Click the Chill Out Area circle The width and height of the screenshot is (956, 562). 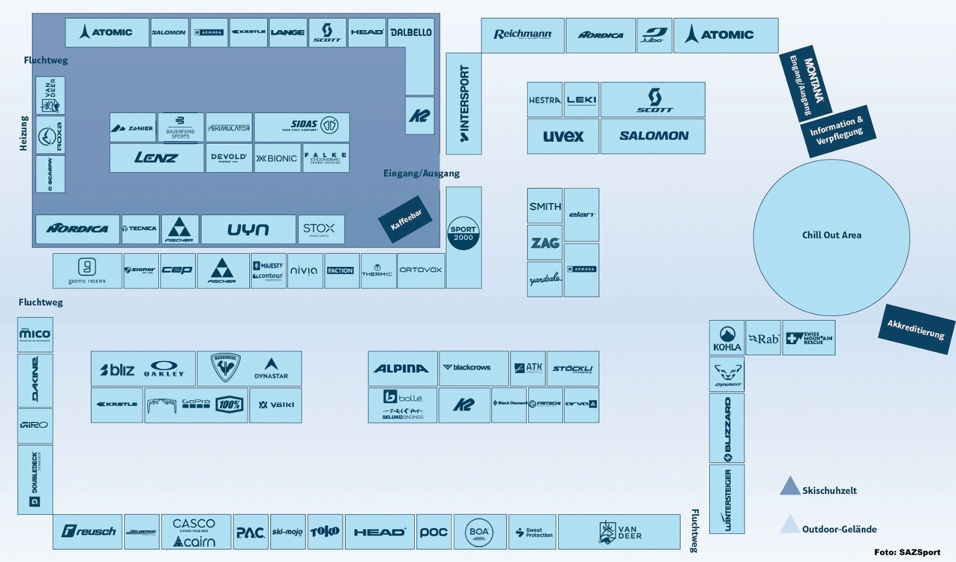click(831, 237)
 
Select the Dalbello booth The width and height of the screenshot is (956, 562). click(411, 33)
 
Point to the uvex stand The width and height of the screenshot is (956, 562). click(563, 136)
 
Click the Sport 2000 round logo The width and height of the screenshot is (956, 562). click(463, 234)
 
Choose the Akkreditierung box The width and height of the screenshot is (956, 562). click(915, 328)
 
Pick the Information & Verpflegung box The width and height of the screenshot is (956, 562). click(837, 131)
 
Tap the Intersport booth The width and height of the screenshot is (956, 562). click(464, 103)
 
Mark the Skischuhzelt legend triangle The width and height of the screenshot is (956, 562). click(790, 486)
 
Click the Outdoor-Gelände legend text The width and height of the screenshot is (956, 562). click(839, 529)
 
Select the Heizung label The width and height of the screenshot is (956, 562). click(24, 133)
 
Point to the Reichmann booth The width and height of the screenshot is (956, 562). click(522, 35)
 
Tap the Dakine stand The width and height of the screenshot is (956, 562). click(35, 380)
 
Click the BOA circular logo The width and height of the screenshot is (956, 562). click(479, 532)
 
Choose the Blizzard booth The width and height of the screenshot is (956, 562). click(726, 428)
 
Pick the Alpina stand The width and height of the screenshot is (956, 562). click(402, 368)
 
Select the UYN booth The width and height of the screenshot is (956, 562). click(248, 230)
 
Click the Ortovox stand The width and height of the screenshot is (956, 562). click(421, 270)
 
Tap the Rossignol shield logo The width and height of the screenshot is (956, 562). click(225, 368)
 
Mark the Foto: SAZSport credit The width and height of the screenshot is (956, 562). click(907, 552)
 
